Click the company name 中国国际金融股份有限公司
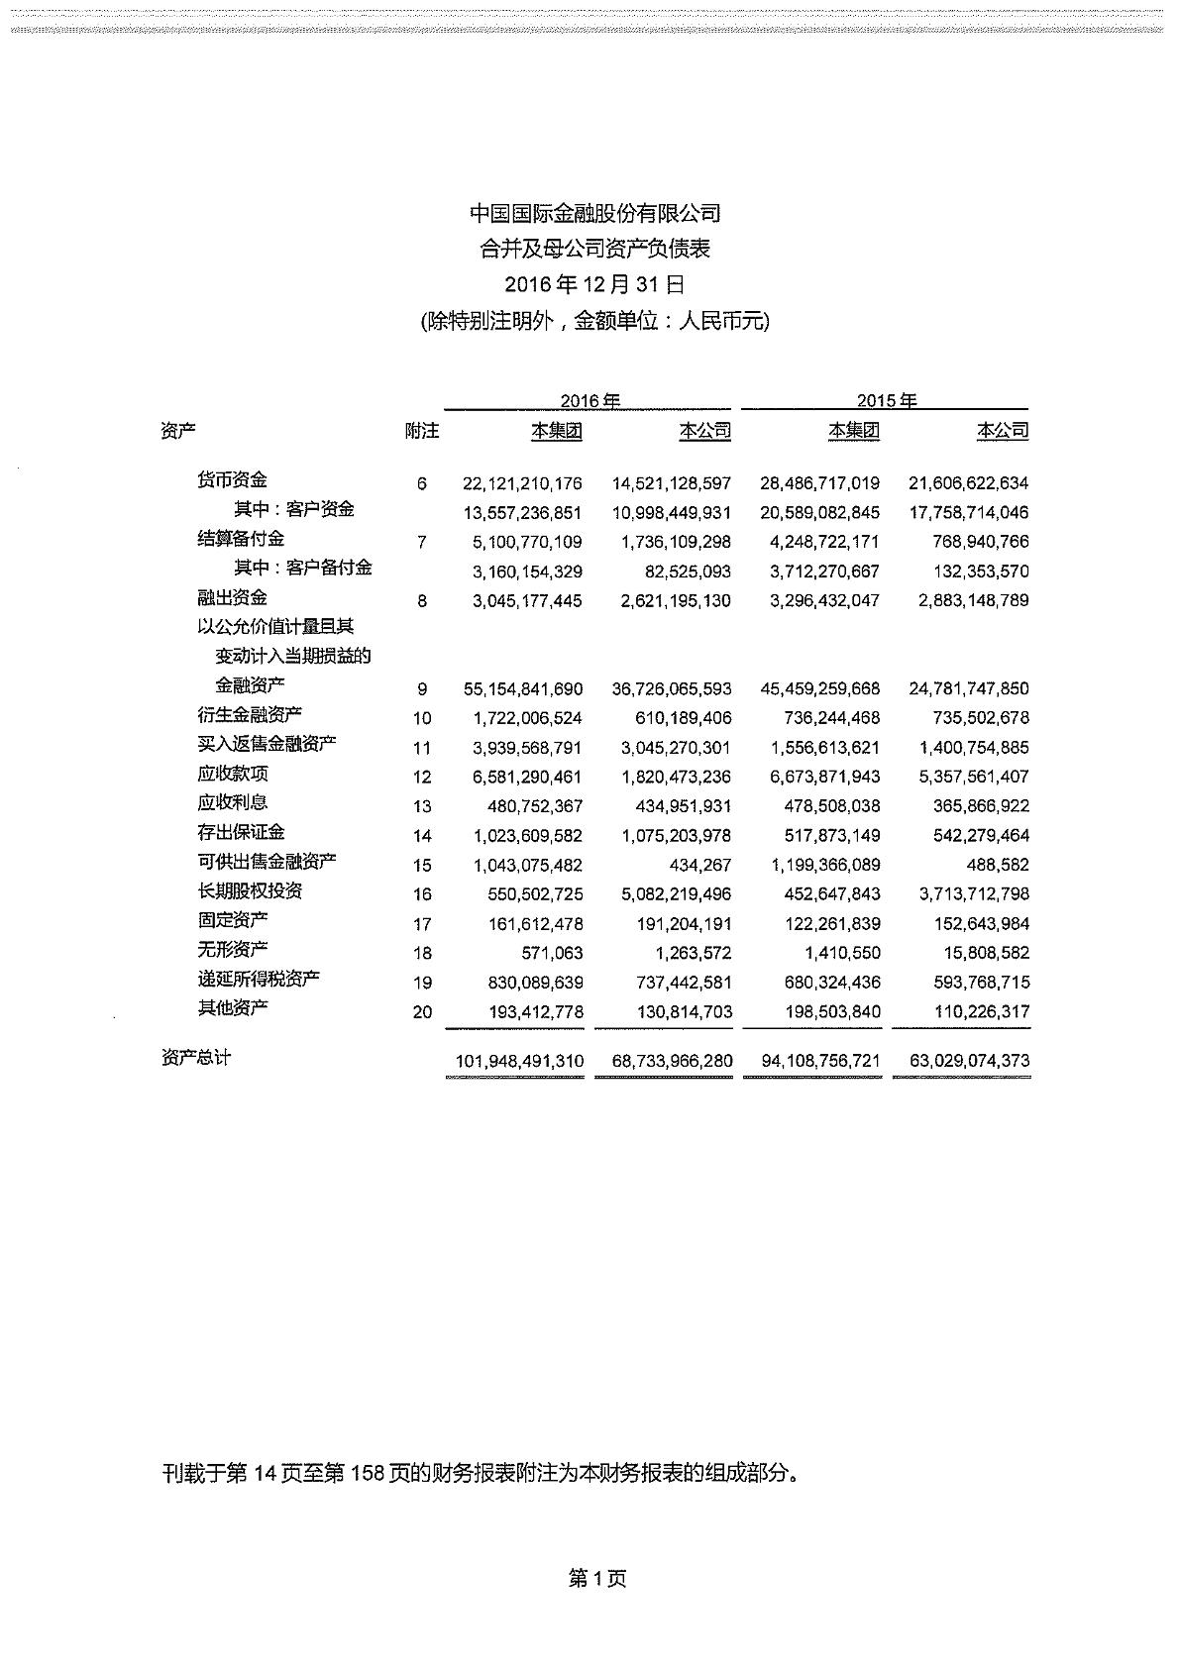click(594, 213)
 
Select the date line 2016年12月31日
click(594, 285)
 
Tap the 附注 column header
click(422, 431)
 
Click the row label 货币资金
click(232, 480)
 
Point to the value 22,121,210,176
click(522, 484)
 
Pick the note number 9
click(422, 688)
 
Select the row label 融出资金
click(232, 598)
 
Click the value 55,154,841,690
click(522, 688)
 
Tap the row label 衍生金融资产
click(250, 715)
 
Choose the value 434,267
click(699, 865)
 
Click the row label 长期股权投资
click(250, 891)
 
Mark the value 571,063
click(552, 953)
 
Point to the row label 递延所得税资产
click(259, 980)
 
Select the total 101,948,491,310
click(519, 1061)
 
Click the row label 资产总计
click(195, 1058)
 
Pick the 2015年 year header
click(887, 401)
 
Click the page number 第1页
click(596, 1579)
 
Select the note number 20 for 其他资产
click(422, 1012)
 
